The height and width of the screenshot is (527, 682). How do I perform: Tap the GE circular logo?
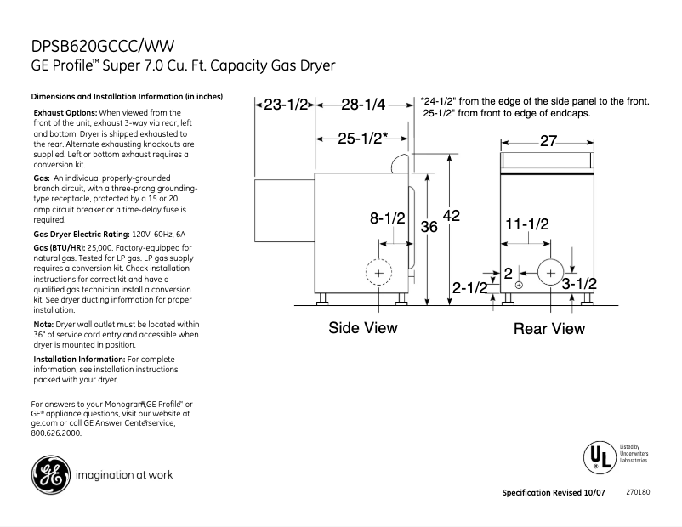click(50, 474)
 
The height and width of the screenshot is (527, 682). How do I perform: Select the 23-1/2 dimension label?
click(286, 105)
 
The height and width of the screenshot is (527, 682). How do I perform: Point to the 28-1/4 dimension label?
click(363, 105)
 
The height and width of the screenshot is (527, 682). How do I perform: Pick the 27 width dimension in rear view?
click(548, 141)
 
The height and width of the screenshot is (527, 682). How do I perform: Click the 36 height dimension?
click(429, 226)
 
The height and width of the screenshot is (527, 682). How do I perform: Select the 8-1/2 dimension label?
click(388, 218)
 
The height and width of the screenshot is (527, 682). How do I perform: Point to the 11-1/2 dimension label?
click(527, 224)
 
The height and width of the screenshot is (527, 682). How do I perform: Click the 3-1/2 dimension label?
click(579, 285)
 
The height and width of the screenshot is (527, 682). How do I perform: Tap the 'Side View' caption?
click(363, 328)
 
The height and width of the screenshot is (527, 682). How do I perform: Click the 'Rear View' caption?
click(549, 329)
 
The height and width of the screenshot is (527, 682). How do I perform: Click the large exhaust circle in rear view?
click(550, 273)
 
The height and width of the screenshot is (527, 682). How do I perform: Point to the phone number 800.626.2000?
click(56, 433)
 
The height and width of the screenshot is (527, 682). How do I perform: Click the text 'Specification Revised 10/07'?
click(554, 493)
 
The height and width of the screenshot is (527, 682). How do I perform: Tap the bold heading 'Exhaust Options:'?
click(65, 113)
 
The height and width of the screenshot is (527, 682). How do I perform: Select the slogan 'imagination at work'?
click(124, 475)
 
